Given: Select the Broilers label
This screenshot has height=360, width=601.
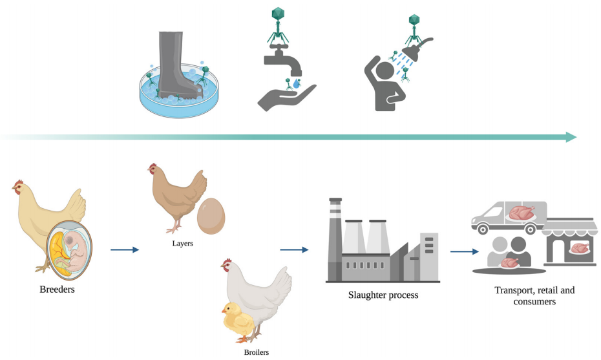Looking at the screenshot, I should point(257,352).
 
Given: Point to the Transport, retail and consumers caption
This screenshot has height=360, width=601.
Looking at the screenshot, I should point(534,295).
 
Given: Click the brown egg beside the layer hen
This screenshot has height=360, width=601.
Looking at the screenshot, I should point(212,216).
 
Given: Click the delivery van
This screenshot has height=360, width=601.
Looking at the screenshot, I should point(511,217).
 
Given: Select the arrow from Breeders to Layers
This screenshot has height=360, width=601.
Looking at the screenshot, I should point(125,249).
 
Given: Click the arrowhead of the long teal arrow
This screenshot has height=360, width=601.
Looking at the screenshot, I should point(571,137).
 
